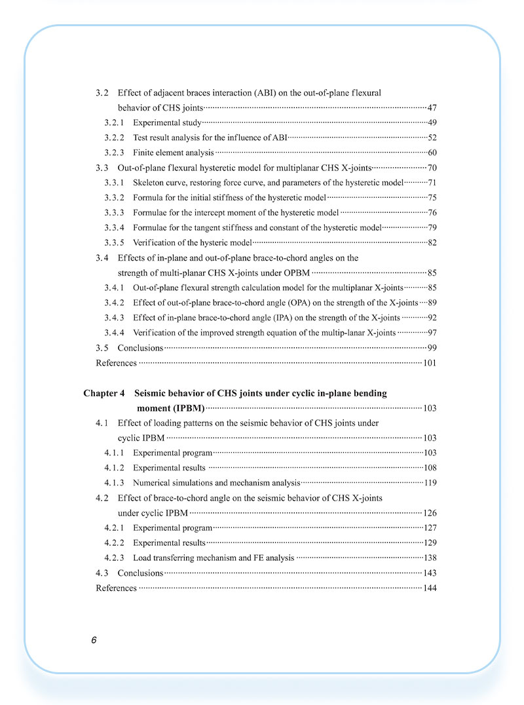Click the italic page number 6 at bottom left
pyautogui.click(x=94, y=640)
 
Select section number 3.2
pyautogui.click(x=102, y=92)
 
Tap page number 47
pyautogui.click(x=432, y=107)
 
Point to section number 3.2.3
pyautogui.click(x=115, y=153)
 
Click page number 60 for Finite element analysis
pyautogui.click(x=432, y=153)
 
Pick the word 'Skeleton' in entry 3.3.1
pyautogui.click(x=150, y=183)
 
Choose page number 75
pyautogui.click(x=432, y=198)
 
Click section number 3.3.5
pyautogui.click(x=115, y=243)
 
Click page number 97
pyautogui.click(x=432, y=333)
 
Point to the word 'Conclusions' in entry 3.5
pyautogui.click(x=140, y=348)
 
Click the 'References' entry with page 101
pyautogui.click(x=117, y=363)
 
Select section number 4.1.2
pyautogui.click(x=115, y=468)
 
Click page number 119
pyautogui.click(x=430, y=483)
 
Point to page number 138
pyautogui.click(x=430, y=558)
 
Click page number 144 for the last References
pyautogui.click(x=430, y=588)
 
